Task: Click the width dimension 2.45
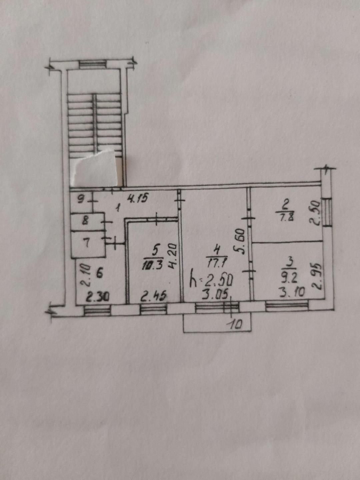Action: click(153, 296)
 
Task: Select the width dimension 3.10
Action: click(292, 293)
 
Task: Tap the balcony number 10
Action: click(235, 324)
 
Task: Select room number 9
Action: click(81, 199)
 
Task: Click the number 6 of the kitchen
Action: click(99, 273)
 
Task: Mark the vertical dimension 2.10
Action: click(85, 275)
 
